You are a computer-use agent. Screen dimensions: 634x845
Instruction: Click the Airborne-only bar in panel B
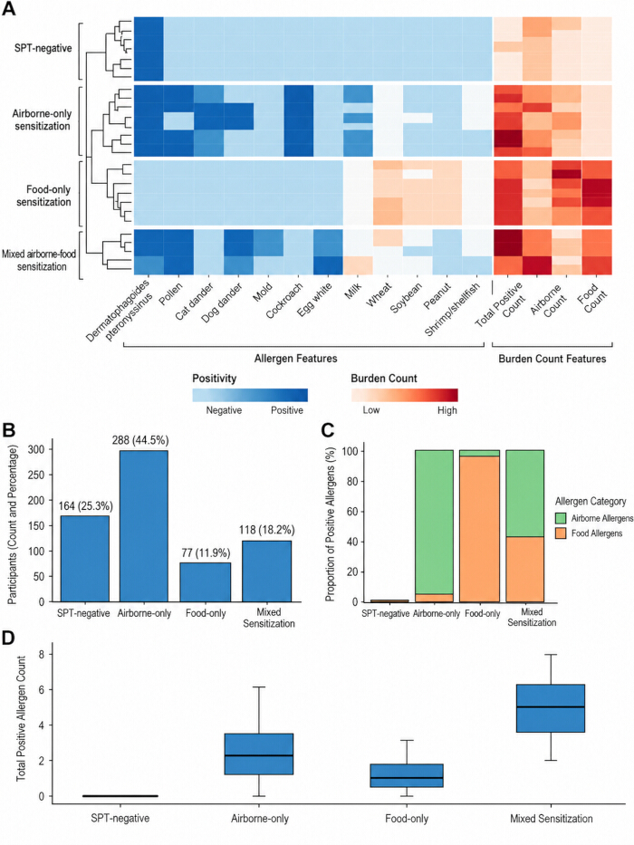[x=143, y=526]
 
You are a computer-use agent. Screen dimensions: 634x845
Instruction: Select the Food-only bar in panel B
[x=206, y=582]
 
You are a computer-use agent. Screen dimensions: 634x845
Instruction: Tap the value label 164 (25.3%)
[x=85, y=506]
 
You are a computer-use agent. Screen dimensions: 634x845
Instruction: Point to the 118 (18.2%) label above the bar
[x=267, y=531]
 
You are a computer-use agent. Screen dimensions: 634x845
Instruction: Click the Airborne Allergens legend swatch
[x=561, y=518]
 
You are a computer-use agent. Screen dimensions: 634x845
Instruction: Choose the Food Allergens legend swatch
[x=561, y=533]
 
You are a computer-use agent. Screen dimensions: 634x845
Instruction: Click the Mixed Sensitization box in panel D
[x=551, y=708]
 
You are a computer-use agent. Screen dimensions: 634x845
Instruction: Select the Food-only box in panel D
[x=407, y=775]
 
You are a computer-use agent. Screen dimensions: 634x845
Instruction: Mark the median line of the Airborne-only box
[x=259, y=755]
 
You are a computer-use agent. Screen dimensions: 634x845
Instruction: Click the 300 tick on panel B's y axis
[x=44, y=449]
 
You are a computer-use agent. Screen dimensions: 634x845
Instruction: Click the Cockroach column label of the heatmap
[x=284, y=300]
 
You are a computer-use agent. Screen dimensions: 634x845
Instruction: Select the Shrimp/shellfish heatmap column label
[x=452, y=310]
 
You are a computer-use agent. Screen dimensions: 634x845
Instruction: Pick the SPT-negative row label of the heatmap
[x=43, y=48]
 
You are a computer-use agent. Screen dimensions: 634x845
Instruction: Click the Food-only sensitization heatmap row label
[x=43, y=196]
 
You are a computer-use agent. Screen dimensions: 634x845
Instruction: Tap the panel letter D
[x=8, y=638]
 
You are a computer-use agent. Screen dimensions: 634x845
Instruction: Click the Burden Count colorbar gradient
[x=404, y=395]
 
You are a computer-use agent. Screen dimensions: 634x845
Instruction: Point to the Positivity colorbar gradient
[x=250, y=395]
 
